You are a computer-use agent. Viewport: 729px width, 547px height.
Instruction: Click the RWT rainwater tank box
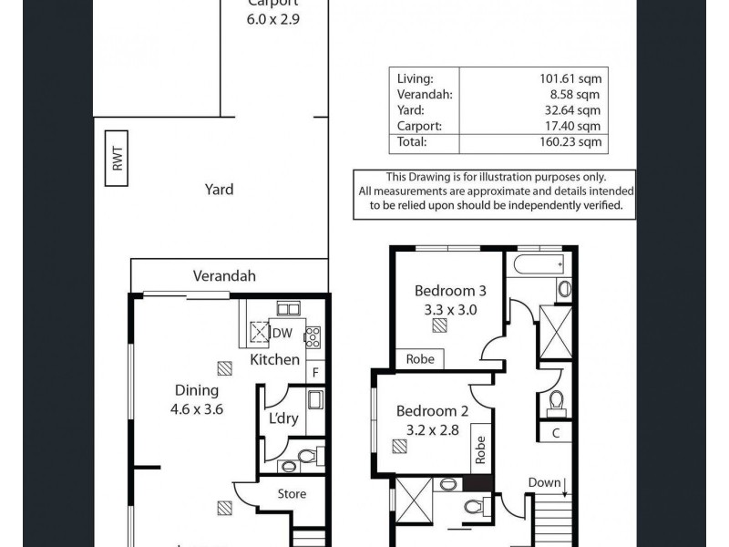point(118,166)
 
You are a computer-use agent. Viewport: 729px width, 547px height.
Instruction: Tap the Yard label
point(219,190)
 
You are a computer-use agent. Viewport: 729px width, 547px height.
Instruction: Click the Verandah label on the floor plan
point(224,276)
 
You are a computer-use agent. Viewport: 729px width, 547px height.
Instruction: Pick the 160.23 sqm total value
point(571,142)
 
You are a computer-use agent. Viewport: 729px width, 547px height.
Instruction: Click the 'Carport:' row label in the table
point(420,126)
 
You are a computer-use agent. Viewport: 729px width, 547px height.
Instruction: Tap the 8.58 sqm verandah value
point(577,94)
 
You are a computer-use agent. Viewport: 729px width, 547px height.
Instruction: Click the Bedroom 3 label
point(450,291)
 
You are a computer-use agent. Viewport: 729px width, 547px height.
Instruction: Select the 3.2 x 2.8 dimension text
point(434,428)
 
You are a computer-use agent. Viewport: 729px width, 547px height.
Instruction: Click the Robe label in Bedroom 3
point(419,359)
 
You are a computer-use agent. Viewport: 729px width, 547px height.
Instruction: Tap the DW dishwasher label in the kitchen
point(282,334)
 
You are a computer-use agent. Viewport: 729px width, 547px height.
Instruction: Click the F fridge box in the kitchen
point(315,372)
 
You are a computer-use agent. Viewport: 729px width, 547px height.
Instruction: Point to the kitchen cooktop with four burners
point(313,336)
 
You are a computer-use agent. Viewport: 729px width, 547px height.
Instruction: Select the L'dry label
point(283,418)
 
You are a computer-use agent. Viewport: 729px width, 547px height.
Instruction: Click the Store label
point(292,494)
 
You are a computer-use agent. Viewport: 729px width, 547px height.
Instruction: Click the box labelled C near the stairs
point(555,434)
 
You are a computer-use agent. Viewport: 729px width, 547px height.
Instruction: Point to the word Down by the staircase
point(544,482)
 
